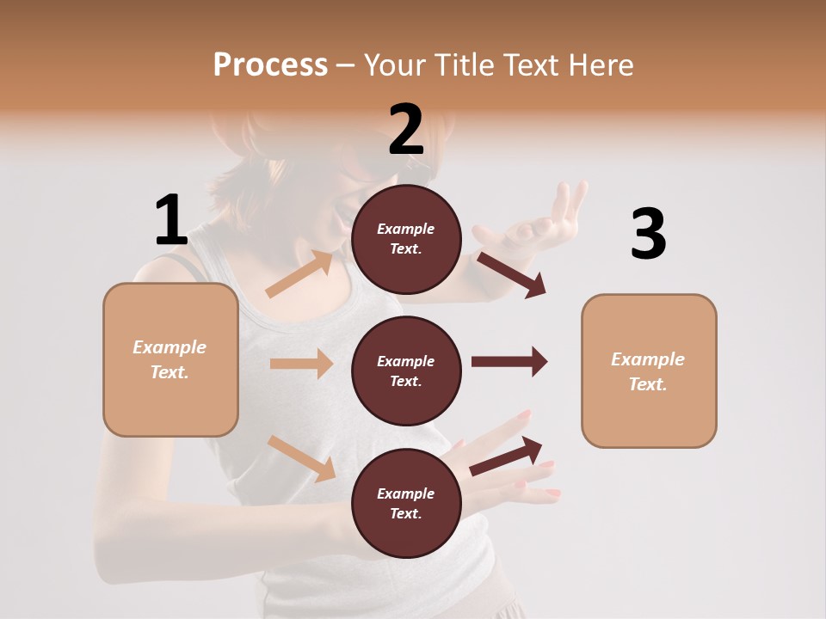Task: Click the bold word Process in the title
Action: click(270, 64)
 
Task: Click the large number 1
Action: click(170, 221)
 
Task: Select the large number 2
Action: click(406, 130)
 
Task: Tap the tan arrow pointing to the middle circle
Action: click(301, 364)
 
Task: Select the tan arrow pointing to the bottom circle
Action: click(302, 458)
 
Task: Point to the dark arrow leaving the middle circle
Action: click(509, 362)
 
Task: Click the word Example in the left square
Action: click(170, 347)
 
